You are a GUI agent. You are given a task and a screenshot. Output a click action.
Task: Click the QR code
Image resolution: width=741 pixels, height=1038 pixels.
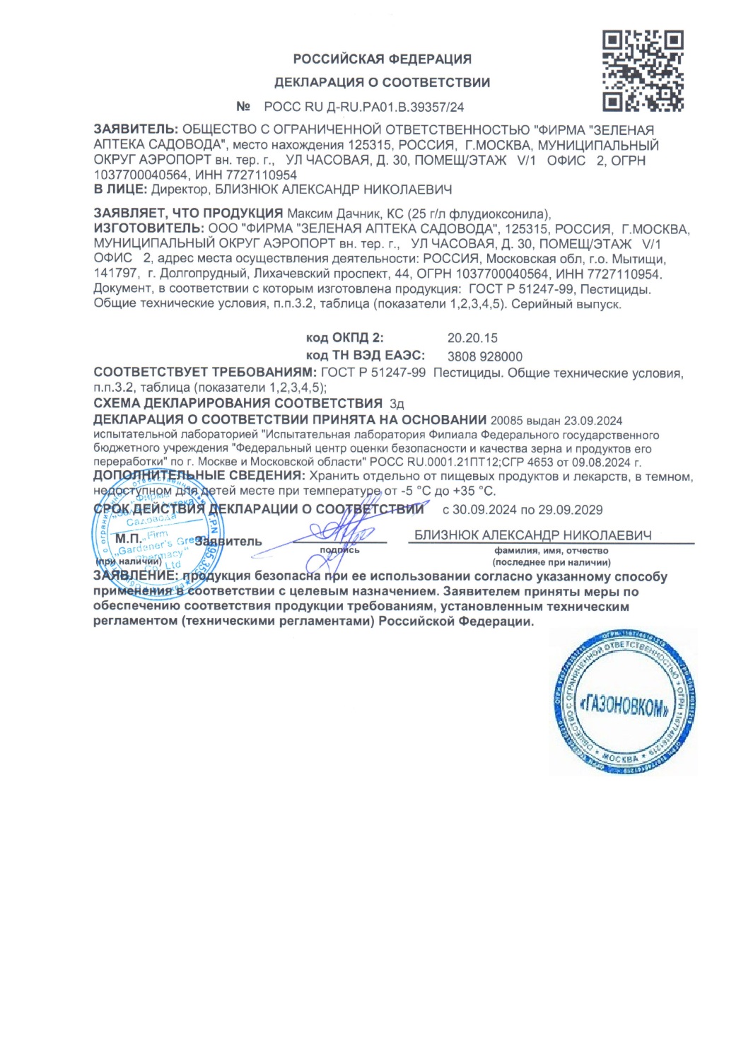[x=642, y=71]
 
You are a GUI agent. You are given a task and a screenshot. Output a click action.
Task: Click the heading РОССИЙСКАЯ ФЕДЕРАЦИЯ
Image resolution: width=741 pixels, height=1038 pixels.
[x=382, y=59]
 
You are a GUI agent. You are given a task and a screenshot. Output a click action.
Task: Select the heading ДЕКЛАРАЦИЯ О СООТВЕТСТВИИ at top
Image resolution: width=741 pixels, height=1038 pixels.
[x=382, y=83]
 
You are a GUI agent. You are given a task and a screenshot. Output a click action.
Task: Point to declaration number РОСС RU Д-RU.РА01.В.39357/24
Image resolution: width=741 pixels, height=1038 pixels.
[x=363, y=107]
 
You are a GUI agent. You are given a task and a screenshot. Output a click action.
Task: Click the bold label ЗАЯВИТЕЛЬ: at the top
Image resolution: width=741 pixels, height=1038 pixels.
[x=136, y=130]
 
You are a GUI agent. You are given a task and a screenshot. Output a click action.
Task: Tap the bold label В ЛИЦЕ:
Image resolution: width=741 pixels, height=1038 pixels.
[x=120, y=189]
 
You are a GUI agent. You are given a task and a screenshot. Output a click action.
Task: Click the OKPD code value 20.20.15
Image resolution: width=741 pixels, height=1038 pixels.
[x=472, y=338]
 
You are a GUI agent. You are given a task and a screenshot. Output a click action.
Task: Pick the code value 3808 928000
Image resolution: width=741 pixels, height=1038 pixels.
[x=484, y=357]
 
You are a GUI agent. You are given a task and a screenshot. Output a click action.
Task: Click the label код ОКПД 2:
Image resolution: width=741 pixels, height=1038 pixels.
[x=344, y=338]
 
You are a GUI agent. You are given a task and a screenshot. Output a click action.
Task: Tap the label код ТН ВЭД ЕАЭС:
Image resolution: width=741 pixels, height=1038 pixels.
[x=365, y=355]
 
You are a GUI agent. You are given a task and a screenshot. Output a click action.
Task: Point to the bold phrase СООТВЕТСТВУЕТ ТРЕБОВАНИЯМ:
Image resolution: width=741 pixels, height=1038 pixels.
[x=205, y=373]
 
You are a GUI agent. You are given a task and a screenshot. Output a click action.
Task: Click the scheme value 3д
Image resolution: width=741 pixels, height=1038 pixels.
[x=397, y=404]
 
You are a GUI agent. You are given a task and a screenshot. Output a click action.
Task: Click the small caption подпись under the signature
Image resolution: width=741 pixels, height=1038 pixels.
[x=339, y=550]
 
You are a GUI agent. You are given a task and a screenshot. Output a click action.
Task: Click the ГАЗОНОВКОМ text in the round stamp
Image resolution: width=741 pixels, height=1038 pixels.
[x=624, y=706]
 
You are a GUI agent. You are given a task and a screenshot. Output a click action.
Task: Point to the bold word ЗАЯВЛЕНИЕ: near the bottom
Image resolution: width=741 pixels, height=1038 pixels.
[x=137, y=576]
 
